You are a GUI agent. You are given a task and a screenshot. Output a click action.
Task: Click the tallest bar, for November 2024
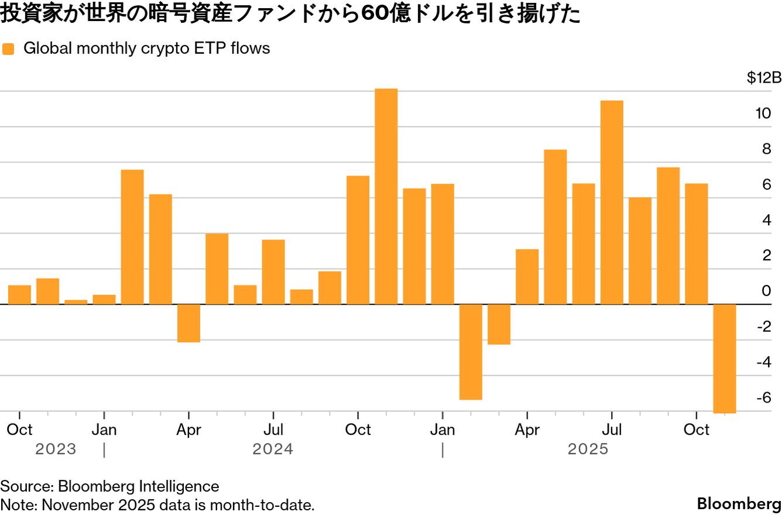(x=386, y=196)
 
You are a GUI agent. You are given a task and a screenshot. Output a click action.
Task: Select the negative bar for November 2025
(x=724, y=358)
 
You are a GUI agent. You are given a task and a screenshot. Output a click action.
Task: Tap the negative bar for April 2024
(x=188, y=323)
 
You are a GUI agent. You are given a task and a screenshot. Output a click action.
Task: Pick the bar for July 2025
(x=612, y=202)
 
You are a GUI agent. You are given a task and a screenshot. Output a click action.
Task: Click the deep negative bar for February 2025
(x=471, y=352)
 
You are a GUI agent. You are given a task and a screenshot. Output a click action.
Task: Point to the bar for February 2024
(x=132, y=237)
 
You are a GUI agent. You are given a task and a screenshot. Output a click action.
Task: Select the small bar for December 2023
(x=76, y=302)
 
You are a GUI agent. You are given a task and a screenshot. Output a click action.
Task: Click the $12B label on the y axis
(x=763, y=78)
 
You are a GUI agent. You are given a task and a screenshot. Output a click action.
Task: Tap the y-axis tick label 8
(x=766, y=149)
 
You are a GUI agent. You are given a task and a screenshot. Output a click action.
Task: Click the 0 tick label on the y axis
(x=766, y=291)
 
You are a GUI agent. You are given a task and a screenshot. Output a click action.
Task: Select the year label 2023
(x=56, y=449)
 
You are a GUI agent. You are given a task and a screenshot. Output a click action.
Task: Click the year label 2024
(x=273, y=449)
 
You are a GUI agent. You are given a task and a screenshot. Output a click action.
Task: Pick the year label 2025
(x=588, y=449)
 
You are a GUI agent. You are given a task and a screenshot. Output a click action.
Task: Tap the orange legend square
(x=8, y=49)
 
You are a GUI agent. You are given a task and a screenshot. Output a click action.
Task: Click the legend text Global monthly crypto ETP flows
(x=146, y=49)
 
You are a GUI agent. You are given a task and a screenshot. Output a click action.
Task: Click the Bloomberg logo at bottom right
(x=739, y=504)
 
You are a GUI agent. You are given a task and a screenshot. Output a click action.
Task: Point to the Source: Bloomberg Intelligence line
(x=109, y=486)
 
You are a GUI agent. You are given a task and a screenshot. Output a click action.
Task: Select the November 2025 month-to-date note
(x=157, y=504)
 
